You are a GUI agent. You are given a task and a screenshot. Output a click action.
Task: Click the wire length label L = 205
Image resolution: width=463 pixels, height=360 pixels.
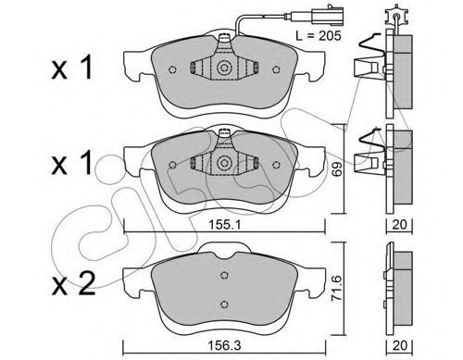[319, 36]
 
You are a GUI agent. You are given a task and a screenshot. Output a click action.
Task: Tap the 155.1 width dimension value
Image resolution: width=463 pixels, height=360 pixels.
[224, 225]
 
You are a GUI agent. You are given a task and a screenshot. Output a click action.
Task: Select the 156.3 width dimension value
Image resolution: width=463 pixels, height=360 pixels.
[224, 346]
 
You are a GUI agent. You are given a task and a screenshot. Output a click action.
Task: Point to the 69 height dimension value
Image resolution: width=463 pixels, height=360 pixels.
[338, 168]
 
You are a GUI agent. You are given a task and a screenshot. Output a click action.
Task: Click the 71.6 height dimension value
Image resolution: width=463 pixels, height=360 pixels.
[337, 289]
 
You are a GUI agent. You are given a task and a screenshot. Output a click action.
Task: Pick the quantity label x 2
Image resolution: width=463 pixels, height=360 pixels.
[73, 284]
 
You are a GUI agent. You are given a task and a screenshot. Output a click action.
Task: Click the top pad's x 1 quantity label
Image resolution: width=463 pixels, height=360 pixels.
[72, 67]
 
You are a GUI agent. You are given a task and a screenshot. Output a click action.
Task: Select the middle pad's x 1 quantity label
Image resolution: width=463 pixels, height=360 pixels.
[72, 163]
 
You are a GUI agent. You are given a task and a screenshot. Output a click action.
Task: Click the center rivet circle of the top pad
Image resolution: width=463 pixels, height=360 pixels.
[224, 68]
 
